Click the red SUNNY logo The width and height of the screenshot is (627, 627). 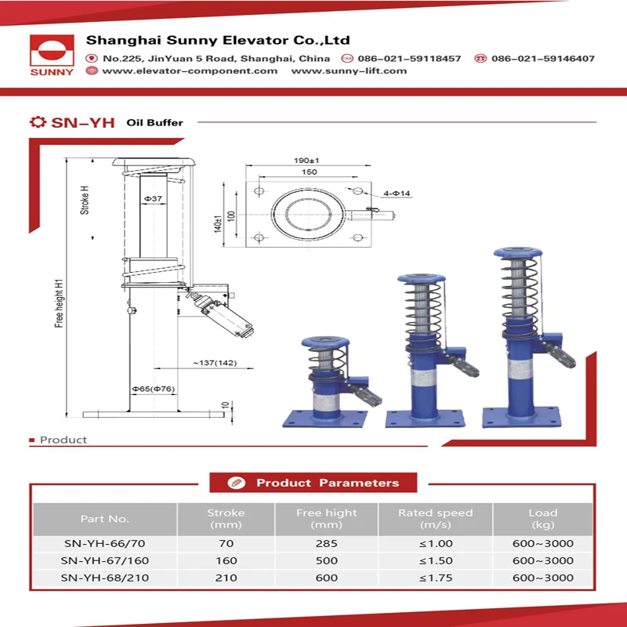(x=52, y=56)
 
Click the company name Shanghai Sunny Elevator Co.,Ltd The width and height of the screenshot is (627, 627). (x=218, y=40)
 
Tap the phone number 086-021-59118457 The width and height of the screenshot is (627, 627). (x=409, y=59)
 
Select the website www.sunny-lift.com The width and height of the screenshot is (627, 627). (x=349, y=71)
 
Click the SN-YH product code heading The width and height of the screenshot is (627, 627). (x=82, y=122)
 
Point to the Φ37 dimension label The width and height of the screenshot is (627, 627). (x=154, y=199)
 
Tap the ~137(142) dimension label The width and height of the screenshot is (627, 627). (x=215, y=363)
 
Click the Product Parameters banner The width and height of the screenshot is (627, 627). (x=313, y=483)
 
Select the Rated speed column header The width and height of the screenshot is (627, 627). (x=435, y=518)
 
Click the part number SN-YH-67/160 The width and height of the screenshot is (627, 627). (x=104, y=560)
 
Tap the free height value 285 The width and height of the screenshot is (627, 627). (x=326, y=543)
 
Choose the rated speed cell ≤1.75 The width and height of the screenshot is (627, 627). (x=435, y=578)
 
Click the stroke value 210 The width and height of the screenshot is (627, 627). (x=226, y=578)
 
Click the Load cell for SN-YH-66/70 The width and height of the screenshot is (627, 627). (x=542, y=543)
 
